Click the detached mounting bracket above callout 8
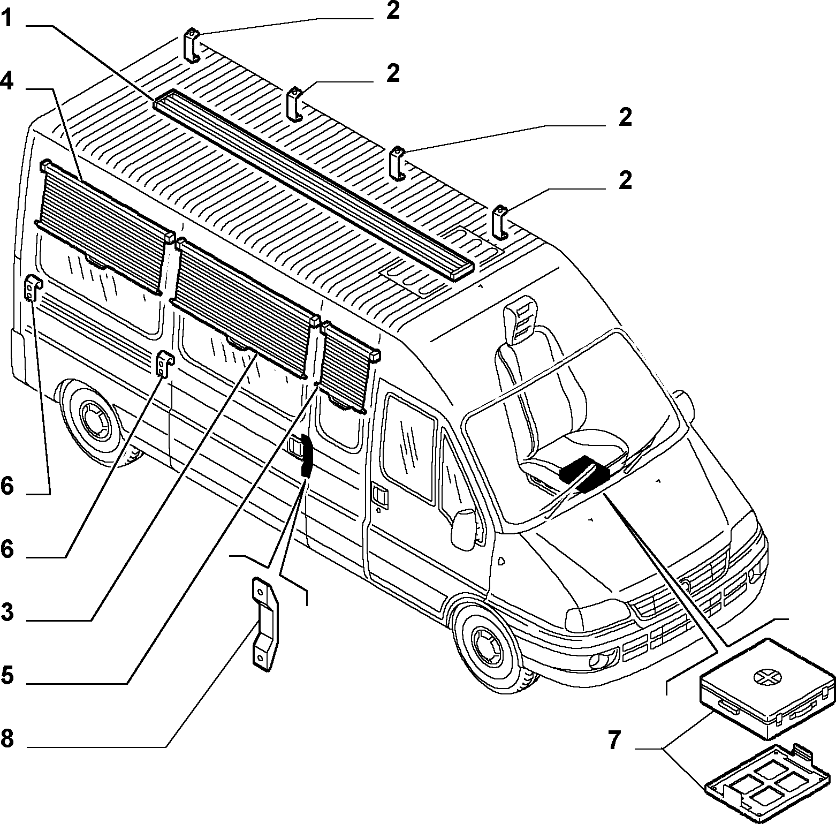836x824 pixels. pos(265,623)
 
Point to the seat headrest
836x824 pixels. pos(519,320)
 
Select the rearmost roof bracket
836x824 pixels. pos(191,46)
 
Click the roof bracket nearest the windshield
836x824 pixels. pos(500,222)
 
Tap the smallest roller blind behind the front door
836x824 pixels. pos(347,367)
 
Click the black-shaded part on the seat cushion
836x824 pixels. pos(585,474)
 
